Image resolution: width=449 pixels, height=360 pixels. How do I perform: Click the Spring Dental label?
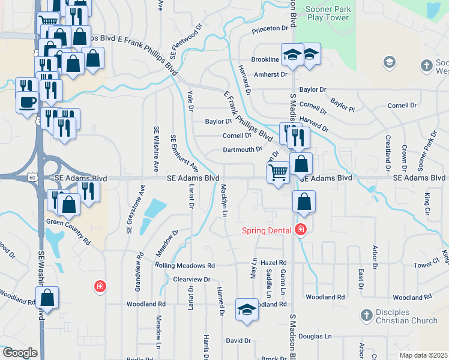coord(267,230)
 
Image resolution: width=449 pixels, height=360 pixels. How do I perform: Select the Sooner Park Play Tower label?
coord(328,13)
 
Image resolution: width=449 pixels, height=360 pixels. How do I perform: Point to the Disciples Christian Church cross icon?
coord(367,315)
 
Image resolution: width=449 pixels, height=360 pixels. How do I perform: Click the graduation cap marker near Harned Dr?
coord(247,310)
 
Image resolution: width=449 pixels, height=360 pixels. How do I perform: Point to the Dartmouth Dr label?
coord(243,149)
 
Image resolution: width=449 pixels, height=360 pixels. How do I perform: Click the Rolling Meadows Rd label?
coord(184,265)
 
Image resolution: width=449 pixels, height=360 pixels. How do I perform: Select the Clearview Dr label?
coord(191,280)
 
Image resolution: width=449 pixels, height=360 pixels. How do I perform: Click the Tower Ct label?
coord(426,265)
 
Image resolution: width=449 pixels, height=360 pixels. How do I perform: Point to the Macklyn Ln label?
coord(223,200)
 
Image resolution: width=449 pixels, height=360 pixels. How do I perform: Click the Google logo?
coord(20,353)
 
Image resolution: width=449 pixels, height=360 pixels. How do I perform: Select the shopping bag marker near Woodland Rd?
coord(47,297)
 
